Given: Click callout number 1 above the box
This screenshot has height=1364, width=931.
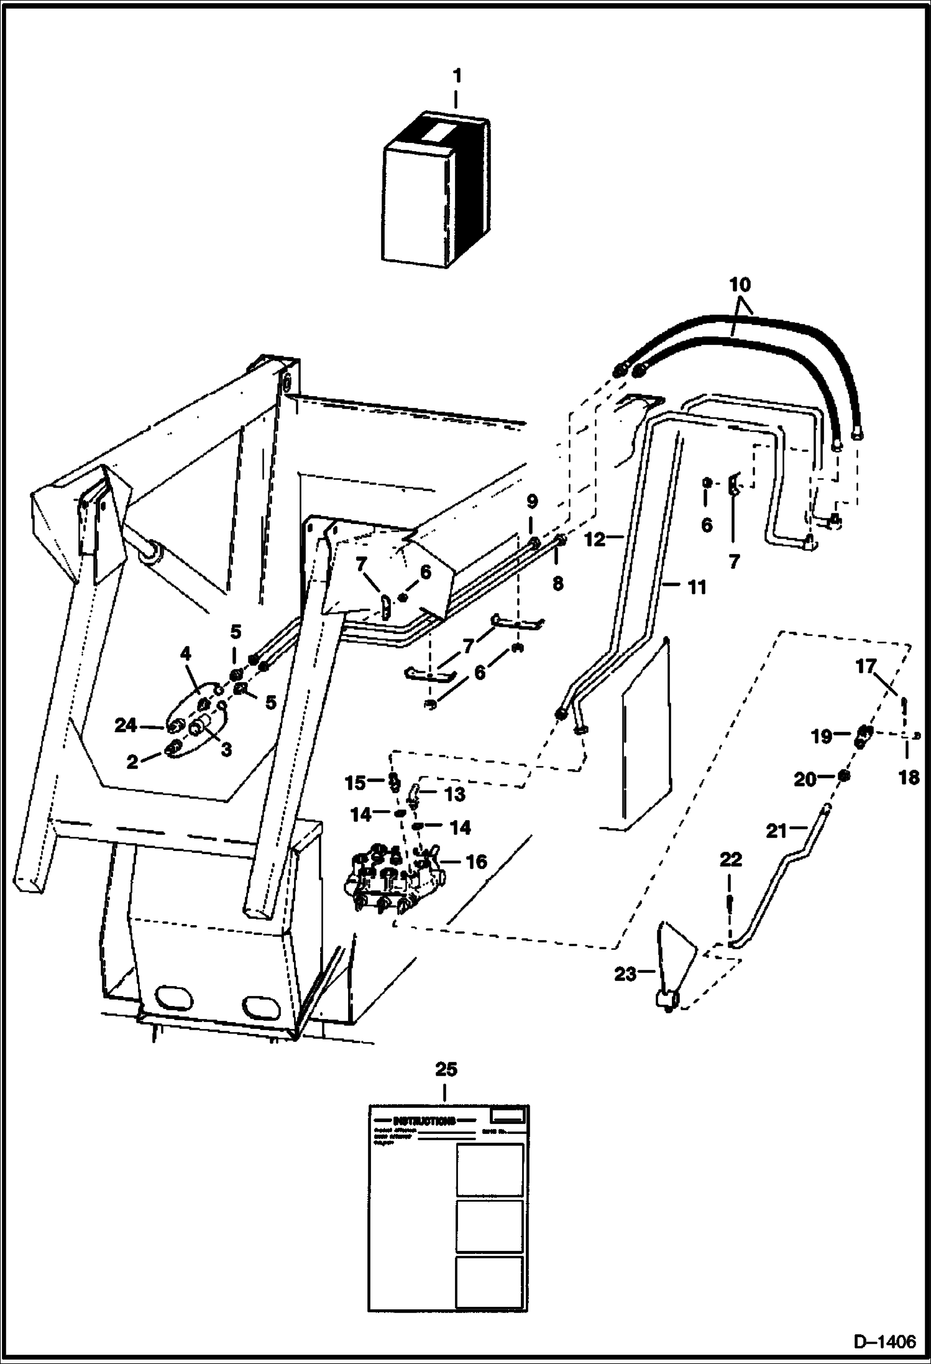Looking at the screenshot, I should coord(457,76).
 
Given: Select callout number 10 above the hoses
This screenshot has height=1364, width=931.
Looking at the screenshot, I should coord(740,285).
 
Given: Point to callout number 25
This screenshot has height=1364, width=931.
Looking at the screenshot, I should coord(446,1069).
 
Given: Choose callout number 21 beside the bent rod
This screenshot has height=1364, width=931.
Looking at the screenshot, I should coord(776,831).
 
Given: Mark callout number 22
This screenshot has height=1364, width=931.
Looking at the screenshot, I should coord(730,860).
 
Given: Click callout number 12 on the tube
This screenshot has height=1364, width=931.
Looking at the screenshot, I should coord(595,539).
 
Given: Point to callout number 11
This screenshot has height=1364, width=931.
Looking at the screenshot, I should coord(697,587).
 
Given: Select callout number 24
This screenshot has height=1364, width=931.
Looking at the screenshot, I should coord(126,725).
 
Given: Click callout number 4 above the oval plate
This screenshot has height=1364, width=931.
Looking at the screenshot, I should coord(185,654).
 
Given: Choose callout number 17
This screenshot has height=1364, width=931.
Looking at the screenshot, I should coord(865,667).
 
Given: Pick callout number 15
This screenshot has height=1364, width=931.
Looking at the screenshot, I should coord(355,783).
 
